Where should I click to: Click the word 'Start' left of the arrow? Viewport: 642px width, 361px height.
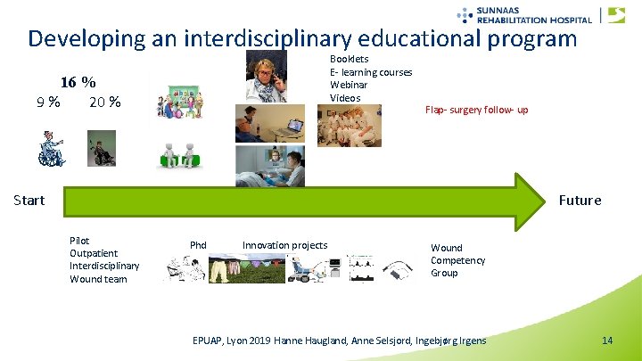click(x=29, y=200)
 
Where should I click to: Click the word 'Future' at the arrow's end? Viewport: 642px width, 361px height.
click(x=580, y=200)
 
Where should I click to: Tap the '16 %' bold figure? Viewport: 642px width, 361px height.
click(x=78, y=82)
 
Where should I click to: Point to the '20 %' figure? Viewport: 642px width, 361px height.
click(x=105, y=102)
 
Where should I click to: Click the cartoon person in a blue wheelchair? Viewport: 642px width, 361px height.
click(x=51, y=149)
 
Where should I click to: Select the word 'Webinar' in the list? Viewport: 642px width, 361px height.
click(x=349, y=85)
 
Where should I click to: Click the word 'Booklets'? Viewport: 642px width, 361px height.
click(x=350, y=59)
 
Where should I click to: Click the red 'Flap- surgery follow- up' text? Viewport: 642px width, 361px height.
click(x=476, y=110)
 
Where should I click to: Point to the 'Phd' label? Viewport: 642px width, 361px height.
click(x=198, y=245)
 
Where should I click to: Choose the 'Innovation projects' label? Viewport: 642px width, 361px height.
click(x=284, y=245)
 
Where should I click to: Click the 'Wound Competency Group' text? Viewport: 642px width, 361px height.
click(x=457, y=260)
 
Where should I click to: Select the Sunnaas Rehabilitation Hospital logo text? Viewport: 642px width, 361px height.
click(x=533, y=15)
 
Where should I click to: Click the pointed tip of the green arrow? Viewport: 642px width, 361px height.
click(x=542, y=200)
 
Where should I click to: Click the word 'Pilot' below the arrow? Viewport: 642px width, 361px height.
click(x=79, y=241)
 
